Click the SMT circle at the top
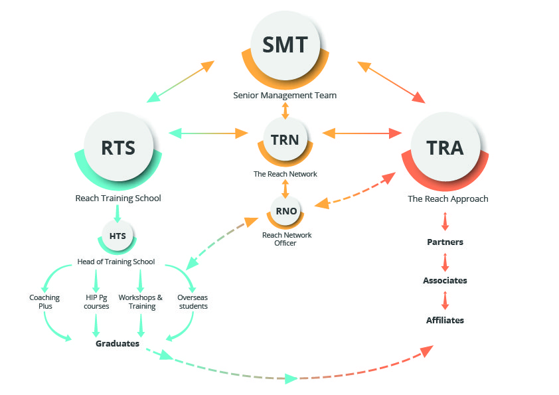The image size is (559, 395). point(285,45)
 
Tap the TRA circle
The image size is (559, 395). point(445,147)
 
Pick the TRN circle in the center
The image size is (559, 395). point(285,140)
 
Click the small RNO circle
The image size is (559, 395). point(285,212)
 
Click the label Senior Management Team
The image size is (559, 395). point(285,96)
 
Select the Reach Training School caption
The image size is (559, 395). point(118,198)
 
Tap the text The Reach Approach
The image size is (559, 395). point(447,199)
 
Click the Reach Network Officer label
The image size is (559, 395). point(286,239)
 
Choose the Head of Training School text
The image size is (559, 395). point(116,262)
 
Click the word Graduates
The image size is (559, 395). point(118,343)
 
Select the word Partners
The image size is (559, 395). point(445,242)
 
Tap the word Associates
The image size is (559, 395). point(445,281)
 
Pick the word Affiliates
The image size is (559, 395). point(445,321)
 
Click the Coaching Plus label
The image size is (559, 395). point(44,301)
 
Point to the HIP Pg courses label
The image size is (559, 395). point(96,301)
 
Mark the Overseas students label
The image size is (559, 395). point(193,301)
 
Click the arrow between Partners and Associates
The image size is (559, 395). point(445,261)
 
